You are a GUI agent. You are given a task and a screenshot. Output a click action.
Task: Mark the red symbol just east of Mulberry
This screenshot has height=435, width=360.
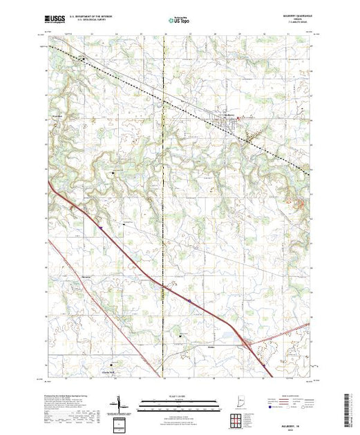240,118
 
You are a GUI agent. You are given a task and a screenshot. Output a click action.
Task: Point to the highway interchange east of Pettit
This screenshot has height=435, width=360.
245,343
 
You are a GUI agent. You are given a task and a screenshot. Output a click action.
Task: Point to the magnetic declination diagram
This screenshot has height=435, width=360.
121,404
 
